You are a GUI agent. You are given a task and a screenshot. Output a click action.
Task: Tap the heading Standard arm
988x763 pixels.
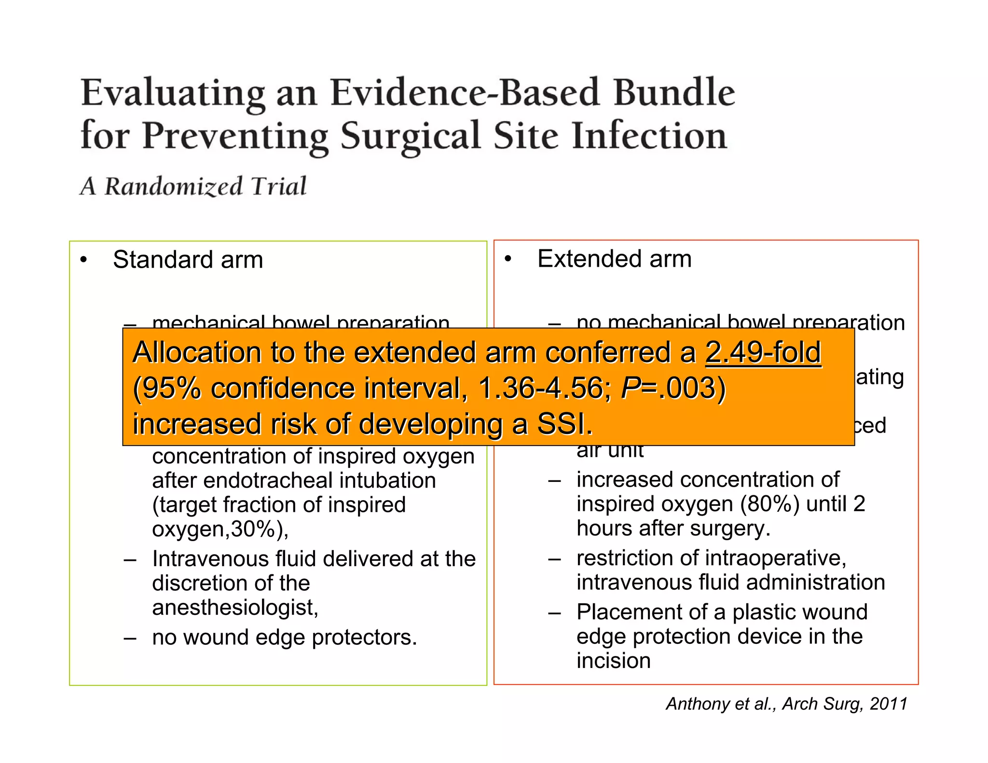188,260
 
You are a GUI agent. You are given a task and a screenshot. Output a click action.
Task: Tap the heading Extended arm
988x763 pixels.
614,259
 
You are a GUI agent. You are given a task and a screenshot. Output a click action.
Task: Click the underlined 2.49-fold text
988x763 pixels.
763,353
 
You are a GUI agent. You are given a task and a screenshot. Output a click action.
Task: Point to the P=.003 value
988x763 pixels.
673,388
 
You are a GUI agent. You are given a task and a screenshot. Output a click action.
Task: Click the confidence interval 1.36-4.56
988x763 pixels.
540,388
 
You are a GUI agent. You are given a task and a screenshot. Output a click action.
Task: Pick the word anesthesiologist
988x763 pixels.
235,607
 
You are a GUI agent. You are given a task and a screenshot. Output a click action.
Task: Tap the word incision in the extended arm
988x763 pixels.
613,661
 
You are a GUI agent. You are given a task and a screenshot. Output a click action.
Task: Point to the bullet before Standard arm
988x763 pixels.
84,260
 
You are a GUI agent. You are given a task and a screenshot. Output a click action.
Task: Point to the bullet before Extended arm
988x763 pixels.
508,259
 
